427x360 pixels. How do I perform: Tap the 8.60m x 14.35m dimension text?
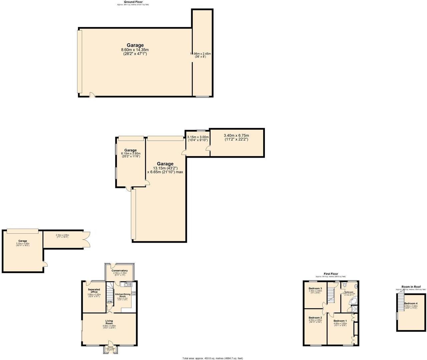tap(135, 50)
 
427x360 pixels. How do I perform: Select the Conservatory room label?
tap(120, 271)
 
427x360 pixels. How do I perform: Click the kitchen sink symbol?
tap(128, 284)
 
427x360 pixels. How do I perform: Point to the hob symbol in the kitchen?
tap(134, 294)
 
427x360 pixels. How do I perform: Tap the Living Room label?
tap(109, 321)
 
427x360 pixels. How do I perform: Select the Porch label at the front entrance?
tap(110, 347)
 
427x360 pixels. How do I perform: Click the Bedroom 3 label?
tap(315, 288)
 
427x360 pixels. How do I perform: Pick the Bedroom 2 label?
tap(315, 318)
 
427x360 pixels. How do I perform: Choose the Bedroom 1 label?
tap(340, 321)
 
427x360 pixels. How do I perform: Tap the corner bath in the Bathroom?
tap(355, 301)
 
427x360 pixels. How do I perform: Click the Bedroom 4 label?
tap(411, 303)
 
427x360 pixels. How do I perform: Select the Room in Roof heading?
tap(411, 287)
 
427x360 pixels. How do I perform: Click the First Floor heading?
tap(331, 274)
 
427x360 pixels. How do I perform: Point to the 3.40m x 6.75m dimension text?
tap(236, 135)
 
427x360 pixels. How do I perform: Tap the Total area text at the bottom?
tap(212, 358)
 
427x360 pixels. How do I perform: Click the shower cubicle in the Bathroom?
tap(355, 309)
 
